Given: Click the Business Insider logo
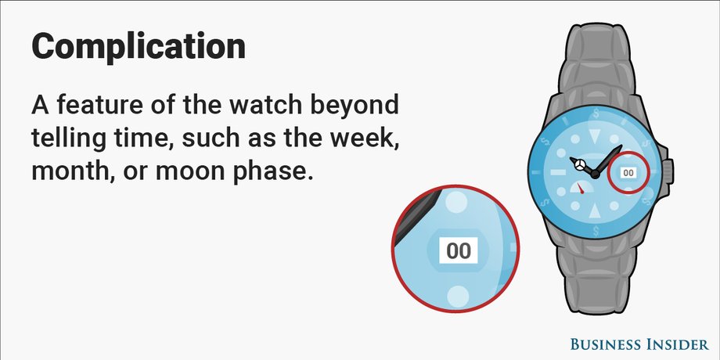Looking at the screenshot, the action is point(639,344).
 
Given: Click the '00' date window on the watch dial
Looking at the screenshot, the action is point(628,173).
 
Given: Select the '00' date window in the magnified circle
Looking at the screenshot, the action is point(459,250).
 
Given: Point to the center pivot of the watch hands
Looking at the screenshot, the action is point(595,174).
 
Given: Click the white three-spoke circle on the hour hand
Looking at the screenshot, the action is point(580,165).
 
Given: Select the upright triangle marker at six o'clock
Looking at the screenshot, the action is point(595,210).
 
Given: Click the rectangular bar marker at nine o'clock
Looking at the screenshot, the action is point(557,172).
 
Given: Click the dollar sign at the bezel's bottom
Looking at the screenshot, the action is point(596,231).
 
